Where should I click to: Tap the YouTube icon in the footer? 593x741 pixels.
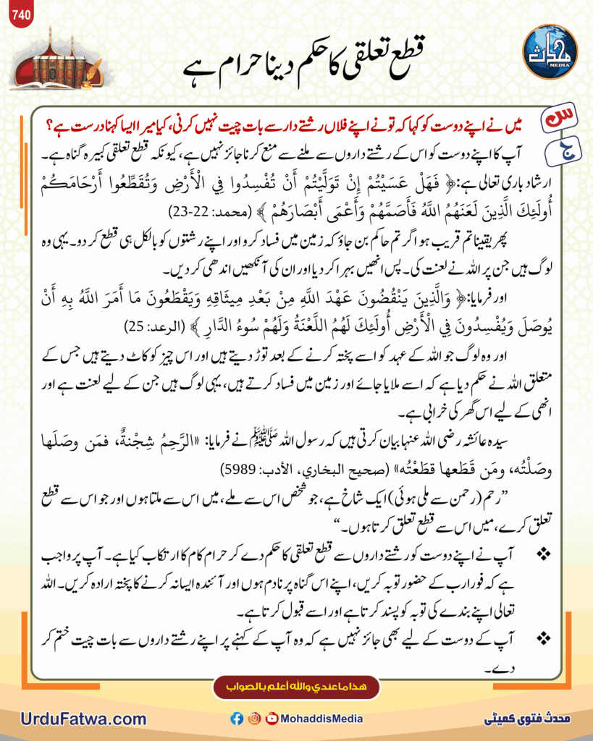[272, 719]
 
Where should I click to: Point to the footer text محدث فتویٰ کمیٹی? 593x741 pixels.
[527, 719]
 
